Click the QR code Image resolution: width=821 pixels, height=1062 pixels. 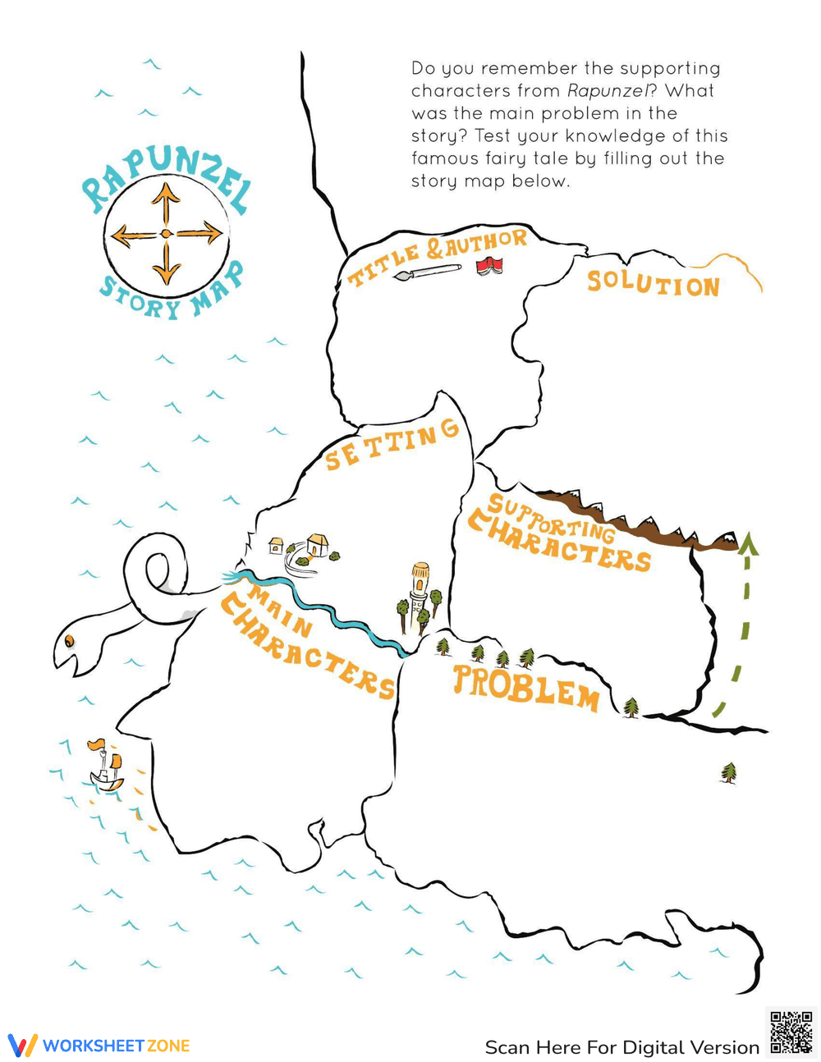tap(791, 1032)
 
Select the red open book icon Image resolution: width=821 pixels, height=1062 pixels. tap(490, 265)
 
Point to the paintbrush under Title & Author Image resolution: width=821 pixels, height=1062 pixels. tap(427, 272)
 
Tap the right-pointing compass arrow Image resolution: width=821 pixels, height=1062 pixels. tap(202, 234)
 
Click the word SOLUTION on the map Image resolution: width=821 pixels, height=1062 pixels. tap(654, 284)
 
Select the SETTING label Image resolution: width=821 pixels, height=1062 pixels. tap(392, 446)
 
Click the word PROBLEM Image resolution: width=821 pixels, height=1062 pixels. tap(526, 686)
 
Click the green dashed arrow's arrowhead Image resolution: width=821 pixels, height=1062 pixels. tap(748, 543)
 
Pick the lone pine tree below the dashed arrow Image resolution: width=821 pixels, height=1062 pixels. tap(728, 772)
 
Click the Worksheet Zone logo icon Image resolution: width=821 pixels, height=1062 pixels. tap(22, 1046)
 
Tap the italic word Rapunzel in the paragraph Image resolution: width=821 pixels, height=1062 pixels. tap(608, 90)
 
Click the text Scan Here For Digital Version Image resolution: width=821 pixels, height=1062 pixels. tap(622, 1047)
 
